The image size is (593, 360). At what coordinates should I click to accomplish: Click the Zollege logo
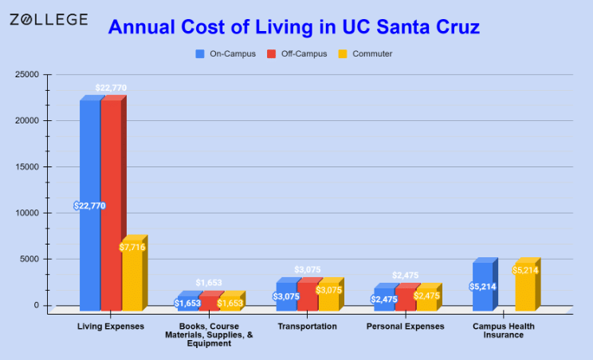(x=49, y=19)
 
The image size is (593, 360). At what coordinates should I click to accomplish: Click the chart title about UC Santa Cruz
(x=294, y=28)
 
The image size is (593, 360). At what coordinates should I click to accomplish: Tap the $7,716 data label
(x=132, y=248)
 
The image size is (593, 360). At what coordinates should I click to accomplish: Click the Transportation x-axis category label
(x=307, y=327)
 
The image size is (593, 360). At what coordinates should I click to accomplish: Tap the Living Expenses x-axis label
(x=111, y=327)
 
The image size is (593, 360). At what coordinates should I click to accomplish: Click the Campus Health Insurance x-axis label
(x=504, y=331)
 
